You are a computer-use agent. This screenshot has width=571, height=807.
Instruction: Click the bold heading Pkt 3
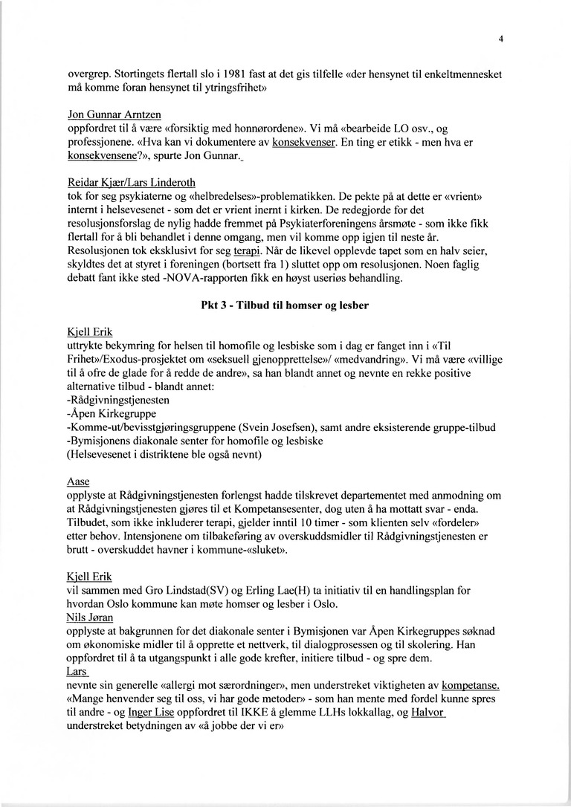(285, 305)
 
